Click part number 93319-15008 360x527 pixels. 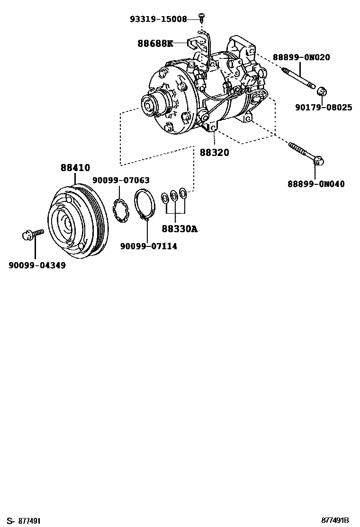(158, 19)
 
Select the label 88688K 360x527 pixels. (155, 44)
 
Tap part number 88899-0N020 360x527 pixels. (301, 57)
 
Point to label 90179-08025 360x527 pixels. (324, 108)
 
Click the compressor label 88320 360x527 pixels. (214, 153)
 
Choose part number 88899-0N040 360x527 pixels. (316, 184)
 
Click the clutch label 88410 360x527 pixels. (75, 167)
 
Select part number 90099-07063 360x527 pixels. (121, 180)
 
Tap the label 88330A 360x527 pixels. (179, 229)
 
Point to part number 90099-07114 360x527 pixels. (148, 246)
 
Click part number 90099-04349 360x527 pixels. (37, 266)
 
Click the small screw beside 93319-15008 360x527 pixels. (202, 17)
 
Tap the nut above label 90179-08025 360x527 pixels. (322, 91)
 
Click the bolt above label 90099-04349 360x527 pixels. (33, 234)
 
